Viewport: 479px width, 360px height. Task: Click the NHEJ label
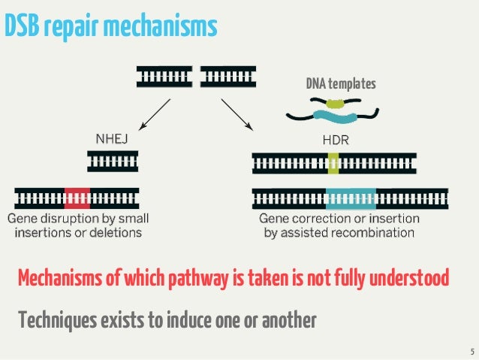tap(113, 139)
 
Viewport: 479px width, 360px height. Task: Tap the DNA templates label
tap(340, 83)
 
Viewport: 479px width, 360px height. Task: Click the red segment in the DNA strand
tap(77, 198)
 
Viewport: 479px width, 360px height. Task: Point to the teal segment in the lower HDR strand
tap(351, 198)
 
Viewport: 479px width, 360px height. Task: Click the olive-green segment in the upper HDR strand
tap(333, 162)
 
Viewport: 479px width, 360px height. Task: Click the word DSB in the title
tap(20, 26)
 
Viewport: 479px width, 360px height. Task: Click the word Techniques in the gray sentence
tap(57, 321)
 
